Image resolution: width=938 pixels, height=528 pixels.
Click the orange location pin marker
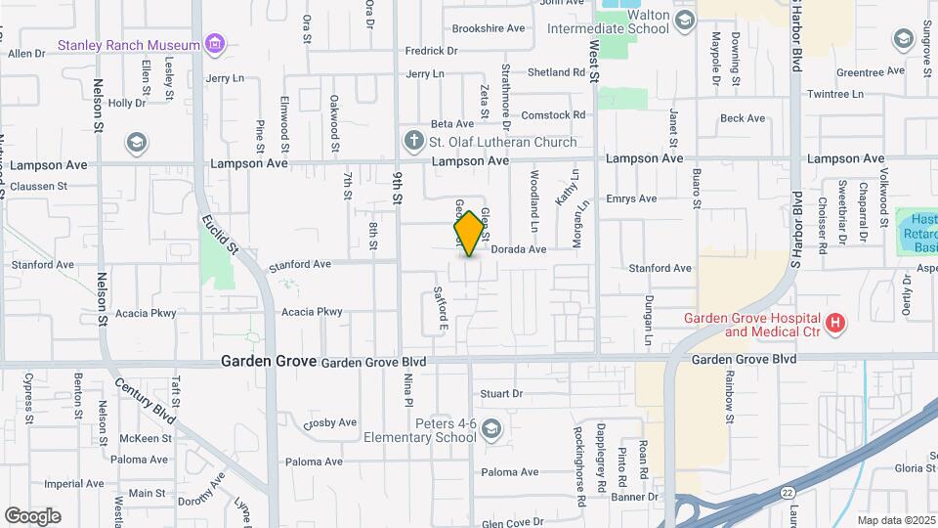coord(470,233)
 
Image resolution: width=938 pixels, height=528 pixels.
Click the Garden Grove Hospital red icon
coord(834,322)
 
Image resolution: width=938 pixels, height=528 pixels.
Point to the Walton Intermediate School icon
coord(685,21)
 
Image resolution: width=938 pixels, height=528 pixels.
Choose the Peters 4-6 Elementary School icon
coord(490,428)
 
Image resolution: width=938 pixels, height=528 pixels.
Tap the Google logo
coord(32,516)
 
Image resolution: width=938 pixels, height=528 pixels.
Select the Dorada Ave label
coord(518,249)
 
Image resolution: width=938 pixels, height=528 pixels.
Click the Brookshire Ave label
coord(489,28)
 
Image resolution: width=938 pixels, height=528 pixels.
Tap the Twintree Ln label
coord(837,95)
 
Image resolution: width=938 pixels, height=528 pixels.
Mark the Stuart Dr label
coord(501,393)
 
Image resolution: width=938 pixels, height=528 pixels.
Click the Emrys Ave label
coord(631,198)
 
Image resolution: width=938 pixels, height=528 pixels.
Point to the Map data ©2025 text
coord(894,519)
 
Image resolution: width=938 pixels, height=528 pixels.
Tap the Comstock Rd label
coord(553,114)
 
